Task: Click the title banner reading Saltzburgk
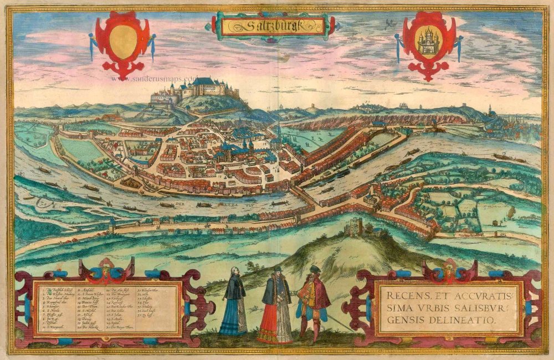pos(272,25)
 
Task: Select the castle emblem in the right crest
pos(428,42)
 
